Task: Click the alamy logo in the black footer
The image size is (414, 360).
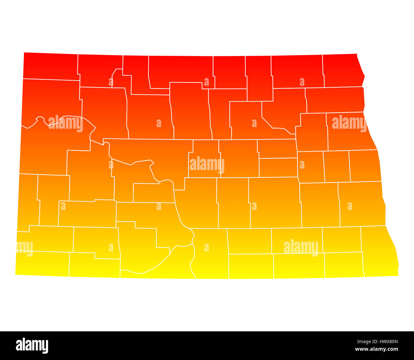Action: click(32, 345)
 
